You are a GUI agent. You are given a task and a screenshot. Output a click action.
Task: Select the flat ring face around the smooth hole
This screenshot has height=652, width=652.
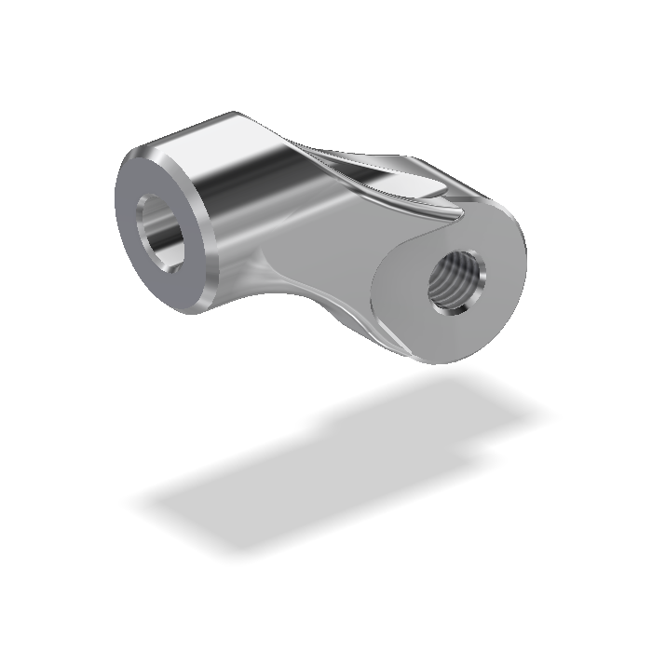[144, 275]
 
